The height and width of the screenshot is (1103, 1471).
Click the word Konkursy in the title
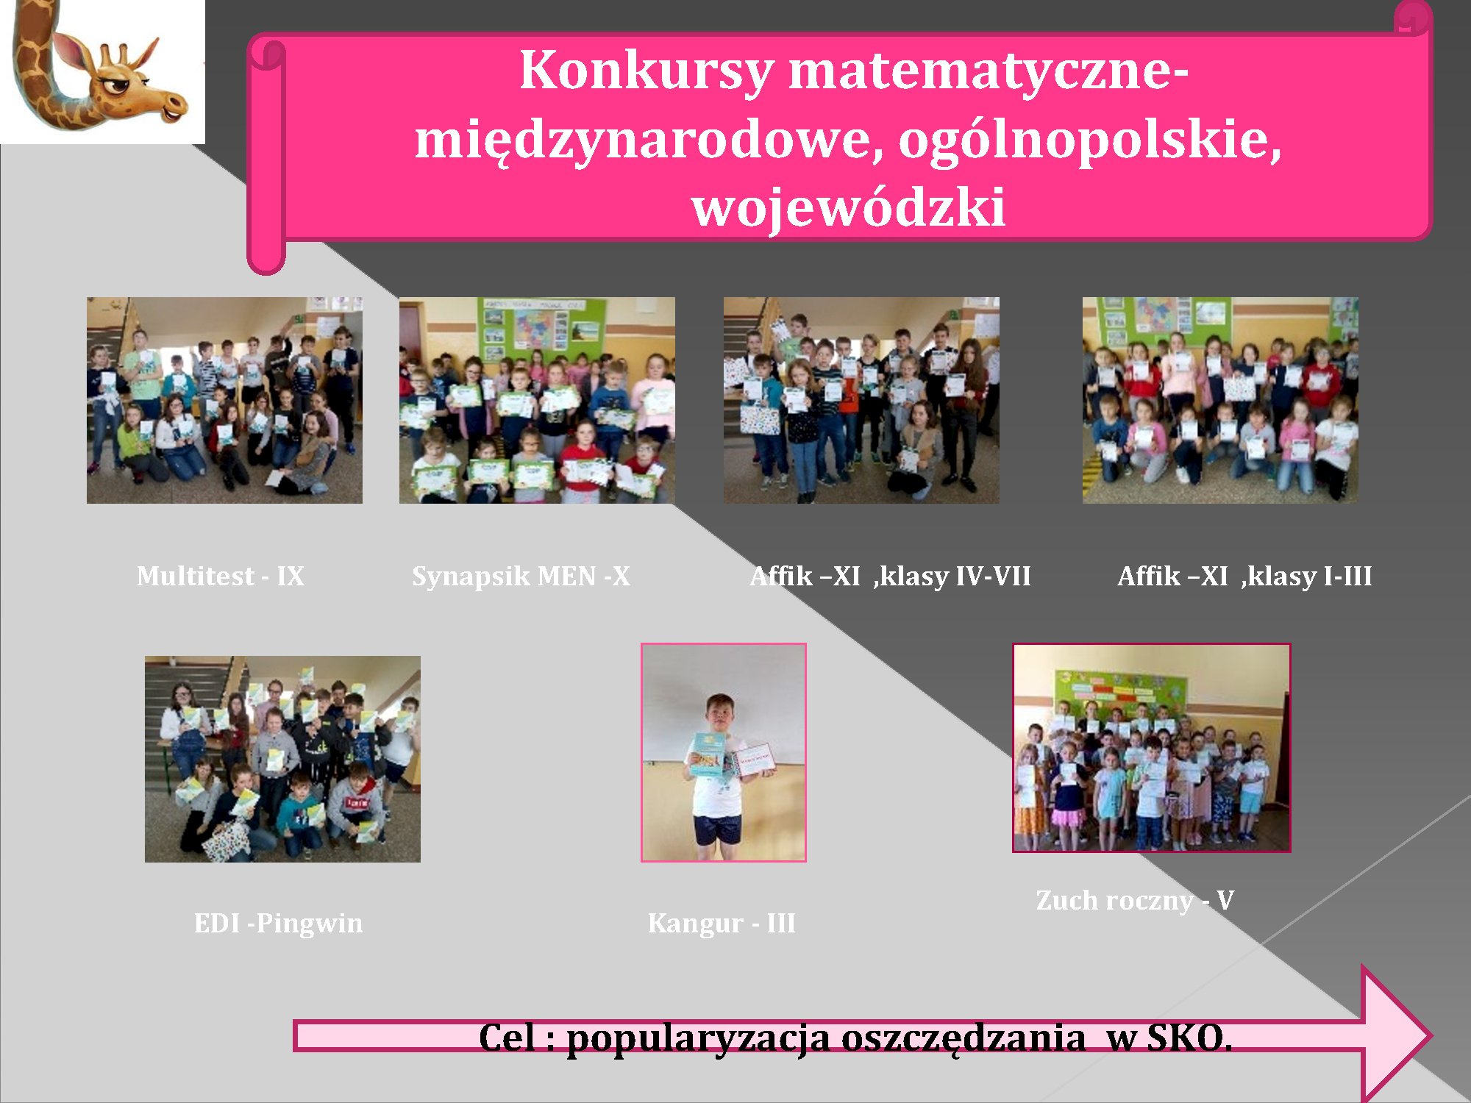(x=647, y=72)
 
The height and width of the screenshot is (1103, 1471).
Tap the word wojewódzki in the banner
(x=849, y=207)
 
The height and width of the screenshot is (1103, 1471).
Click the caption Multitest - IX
(x=221, y=576)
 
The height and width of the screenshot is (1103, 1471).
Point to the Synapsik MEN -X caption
(x=521, y=577)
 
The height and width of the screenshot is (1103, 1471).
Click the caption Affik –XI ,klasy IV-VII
(x=890, y=577)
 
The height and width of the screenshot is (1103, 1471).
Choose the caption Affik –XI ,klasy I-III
(x=1244, y=577)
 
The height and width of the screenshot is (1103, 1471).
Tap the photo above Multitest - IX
(x=224, y=400)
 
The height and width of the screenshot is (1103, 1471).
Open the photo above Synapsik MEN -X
(x=537, y=400)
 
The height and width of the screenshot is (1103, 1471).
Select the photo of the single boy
(x=724, y=752)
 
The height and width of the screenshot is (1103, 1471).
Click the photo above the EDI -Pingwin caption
(x=282, y=759)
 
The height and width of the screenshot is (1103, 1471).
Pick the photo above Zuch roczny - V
(x=1152, y=748)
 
